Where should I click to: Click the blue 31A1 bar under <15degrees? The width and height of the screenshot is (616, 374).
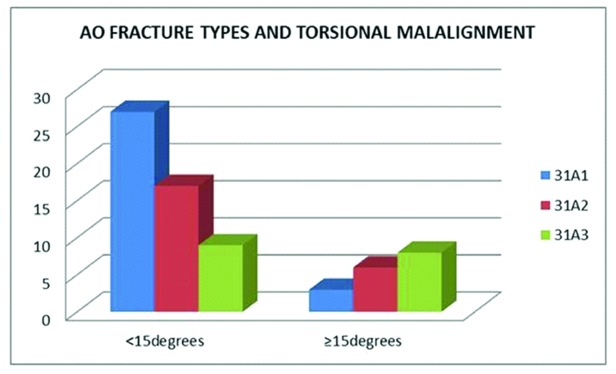click(133, 211)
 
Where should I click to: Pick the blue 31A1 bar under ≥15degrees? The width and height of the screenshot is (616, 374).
click(331, 301)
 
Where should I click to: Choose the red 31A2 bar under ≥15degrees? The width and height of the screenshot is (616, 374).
click(375, 289)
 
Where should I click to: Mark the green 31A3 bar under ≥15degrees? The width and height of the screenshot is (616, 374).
click(420, 282)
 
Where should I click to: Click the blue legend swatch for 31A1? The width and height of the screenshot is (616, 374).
click(545, 175)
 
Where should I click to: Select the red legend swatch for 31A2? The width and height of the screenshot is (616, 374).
click(545, 205)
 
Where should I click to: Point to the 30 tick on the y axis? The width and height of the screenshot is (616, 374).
click(42, 98)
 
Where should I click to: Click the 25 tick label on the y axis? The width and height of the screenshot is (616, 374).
click(42, 135)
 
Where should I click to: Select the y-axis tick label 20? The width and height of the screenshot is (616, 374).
click(42, 172)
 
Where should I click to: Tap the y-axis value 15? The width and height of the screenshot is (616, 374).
click(42, 208)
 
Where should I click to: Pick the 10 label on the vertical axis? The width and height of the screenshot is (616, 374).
click(42, 245)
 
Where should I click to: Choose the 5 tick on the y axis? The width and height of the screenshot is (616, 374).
click(47, 282)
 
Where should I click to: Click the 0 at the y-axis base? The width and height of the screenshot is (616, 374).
click(47, 319)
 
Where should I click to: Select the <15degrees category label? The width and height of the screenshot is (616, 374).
click(164, 341)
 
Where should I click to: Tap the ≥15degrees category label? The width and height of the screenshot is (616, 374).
click(363, 341)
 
